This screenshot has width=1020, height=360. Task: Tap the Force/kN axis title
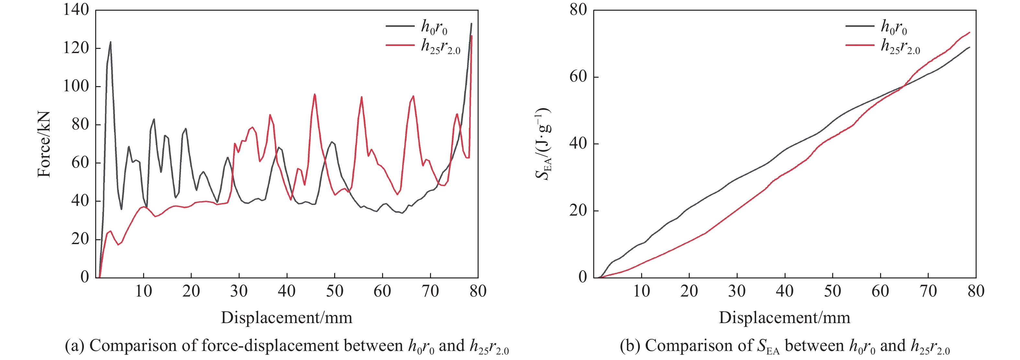point(44,144)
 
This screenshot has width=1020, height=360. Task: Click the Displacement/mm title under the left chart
point(286,318)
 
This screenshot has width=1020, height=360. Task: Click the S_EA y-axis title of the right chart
point(543,144)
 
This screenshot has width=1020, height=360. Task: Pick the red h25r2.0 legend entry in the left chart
point(423,46)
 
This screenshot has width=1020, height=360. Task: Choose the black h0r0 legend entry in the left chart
point(416,27)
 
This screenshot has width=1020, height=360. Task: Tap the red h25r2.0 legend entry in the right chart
point(883,46)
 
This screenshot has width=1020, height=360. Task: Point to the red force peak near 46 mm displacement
point(315,94)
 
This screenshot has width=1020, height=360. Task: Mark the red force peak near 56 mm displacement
point(361,97)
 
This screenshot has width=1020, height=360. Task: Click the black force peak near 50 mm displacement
point(332,142)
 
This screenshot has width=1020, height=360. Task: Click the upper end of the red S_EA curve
point(969,32)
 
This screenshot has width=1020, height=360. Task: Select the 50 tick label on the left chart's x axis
point(334,291)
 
